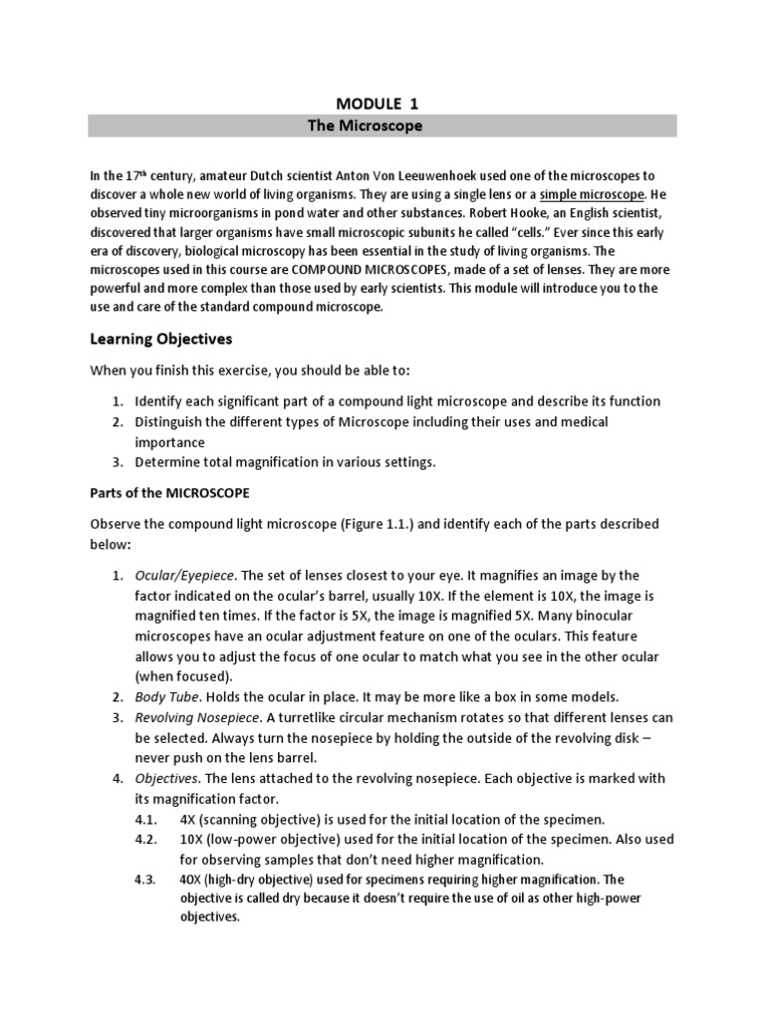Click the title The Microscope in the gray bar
point(382,126)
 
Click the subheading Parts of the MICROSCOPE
point(170,493)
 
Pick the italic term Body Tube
point(162,696)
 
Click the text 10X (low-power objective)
point(258,839)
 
